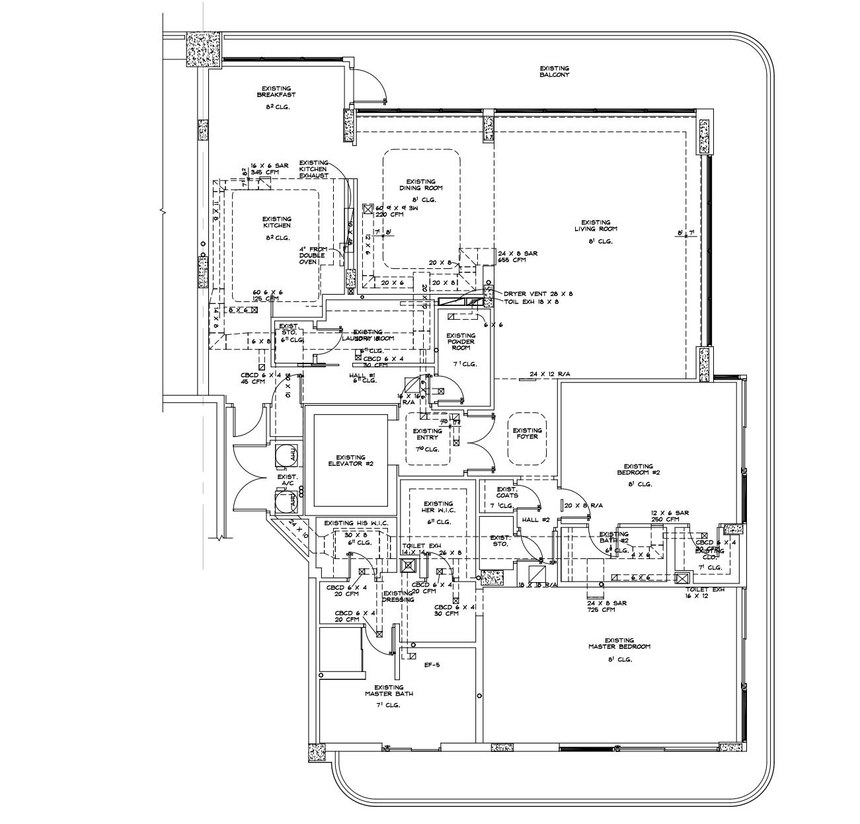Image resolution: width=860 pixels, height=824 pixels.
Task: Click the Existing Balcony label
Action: click(554, 71)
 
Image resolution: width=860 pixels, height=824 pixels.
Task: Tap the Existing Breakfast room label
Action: click(276, 91)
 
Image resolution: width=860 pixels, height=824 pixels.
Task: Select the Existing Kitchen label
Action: click(276, 222)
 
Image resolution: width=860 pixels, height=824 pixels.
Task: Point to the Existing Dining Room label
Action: click(420, 184)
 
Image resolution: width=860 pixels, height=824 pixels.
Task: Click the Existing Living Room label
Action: click(596, 226)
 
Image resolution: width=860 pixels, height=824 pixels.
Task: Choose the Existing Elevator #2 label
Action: click(350, 461)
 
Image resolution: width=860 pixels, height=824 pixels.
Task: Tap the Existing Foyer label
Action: click(527, 433)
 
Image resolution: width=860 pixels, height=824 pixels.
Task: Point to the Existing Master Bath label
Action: click(389, 691)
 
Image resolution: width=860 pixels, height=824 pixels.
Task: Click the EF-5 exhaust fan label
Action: click(432, 665)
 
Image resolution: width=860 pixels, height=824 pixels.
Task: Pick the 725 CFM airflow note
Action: click(601, 609)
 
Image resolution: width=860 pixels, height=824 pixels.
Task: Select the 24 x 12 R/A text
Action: click(550, 374)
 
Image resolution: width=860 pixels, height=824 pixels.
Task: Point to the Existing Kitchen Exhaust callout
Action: click(313, 169)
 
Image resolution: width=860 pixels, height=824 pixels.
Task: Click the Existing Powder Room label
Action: click(461, 342)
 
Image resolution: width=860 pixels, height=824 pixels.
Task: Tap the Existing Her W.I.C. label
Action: click(438, 507)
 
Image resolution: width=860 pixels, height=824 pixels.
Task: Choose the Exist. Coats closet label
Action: click(507, 492)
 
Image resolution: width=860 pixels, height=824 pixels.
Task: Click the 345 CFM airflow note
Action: click(264, 172)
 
